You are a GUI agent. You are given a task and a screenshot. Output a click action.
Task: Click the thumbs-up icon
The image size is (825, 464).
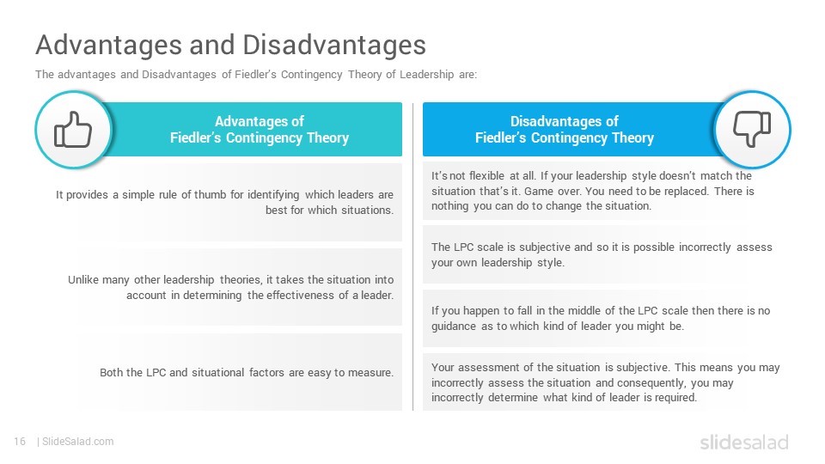73,130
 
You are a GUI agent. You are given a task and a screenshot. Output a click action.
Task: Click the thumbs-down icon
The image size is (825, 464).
752,129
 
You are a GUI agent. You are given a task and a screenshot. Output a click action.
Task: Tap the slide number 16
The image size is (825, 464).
20,442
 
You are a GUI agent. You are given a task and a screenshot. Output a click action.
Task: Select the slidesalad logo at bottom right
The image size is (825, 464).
744,443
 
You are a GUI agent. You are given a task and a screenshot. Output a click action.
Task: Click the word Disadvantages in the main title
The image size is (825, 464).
334,45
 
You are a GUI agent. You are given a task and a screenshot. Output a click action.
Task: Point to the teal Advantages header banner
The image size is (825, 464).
259,130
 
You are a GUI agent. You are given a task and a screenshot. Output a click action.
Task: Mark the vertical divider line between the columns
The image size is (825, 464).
413,257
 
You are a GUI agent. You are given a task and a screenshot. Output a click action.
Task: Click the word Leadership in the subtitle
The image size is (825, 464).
427,75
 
